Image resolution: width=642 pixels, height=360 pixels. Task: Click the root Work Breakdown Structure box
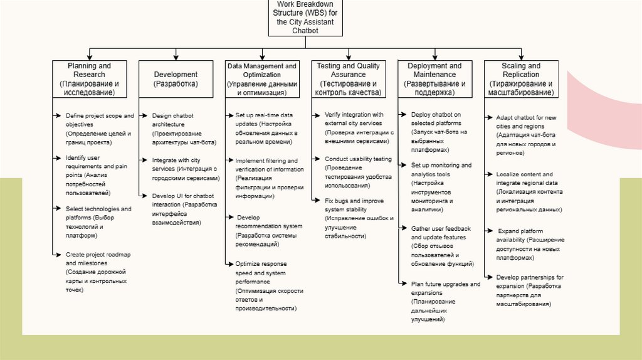305,18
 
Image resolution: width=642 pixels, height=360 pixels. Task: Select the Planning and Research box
89,79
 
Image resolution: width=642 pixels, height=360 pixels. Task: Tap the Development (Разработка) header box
176,79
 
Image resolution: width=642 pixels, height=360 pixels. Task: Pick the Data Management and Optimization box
262,79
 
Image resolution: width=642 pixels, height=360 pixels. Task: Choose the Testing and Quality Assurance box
348,79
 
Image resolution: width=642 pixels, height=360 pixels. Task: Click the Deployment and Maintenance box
434,79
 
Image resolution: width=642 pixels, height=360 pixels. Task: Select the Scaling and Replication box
521,79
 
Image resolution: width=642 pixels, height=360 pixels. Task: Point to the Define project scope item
99,129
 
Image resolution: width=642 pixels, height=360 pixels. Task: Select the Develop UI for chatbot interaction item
184,209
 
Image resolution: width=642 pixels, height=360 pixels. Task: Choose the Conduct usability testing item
357,172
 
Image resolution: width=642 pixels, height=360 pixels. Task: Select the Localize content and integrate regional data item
529,191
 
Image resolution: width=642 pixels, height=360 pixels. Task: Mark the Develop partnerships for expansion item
529,290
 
